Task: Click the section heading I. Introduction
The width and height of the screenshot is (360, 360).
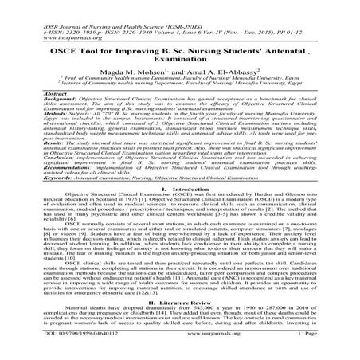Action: click(180, 213)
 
